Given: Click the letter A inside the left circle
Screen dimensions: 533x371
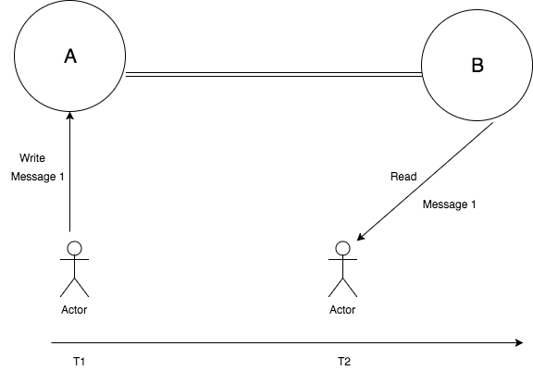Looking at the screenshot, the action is (x=70, y=56).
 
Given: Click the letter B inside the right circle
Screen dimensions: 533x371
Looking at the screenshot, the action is (x=477, y=66).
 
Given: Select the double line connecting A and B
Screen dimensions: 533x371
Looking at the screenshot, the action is (x=274, y=74).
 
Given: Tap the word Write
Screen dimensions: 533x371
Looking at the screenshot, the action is (x=32, y=158).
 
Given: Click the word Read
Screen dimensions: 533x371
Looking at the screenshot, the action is (x=403, y=177).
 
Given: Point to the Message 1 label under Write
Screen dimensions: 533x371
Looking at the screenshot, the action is (x=37, y=177).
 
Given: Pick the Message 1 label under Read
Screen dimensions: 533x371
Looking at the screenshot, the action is (x=449, y=204).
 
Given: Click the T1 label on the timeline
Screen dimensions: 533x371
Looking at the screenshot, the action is (x=80, y=362).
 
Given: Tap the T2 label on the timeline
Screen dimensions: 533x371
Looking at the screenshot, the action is (x=344, y=362).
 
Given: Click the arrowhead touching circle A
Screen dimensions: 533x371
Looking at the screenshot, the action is (x=70, y=116).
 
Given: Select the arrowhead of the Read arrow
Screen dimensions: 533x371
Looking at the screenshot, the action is (x=361, y=237).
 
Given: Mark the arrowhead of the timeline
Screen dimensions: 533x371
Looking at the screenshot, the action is (x=519, y=343).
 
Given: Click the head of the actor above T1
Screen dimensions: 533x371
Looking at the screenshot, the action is (x=74, y=248).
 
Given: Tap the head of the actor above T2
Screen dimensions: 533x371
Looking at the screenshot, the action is (x=342, y=248).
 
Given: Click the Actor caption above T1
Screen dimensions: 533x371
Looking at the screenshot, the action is (x=74, y=310).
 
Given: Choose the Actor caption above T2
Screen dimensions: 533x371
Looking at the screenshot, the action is (x=342, y=310).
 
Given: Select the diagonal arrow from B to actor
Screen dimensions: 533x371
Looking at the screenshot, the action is (x=425, y=181).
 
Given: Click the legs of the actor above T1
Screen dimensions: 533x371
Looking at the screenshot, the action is (x=74, y=288).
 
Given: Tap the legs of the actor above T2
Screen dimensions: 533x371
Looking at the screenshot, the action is (x=342, y=288).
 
